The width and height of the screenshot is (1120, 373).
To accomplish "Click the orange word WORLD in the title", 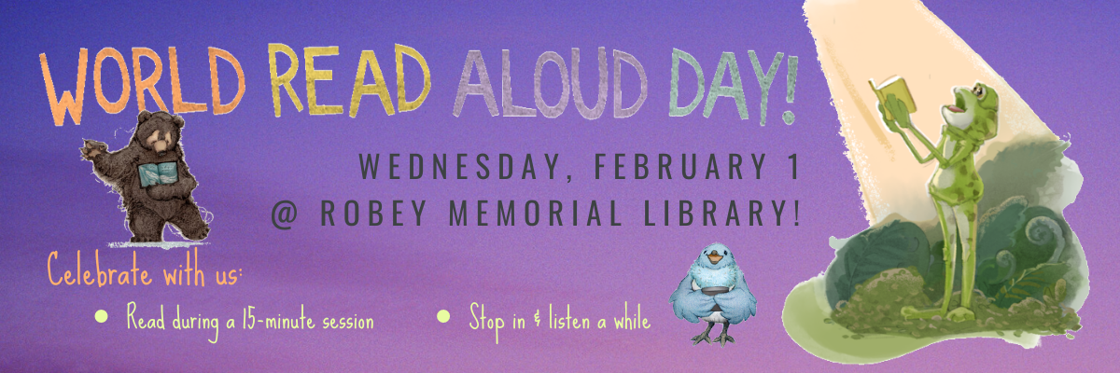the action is [144, 84].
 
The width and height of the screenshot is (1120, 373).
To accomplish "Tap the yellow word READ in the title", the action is [349, 80].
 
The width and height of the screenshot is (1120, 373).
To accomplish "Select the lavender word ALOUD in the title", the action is [550, 83].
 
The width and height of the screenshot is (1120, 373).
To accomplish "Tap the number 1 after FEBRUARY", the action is [793, 166].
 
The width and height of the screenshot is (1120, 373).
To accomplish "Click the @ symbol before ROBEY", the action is [285, 214].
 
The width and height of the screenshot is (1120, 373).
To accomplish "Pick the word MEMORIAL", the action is [535, 213].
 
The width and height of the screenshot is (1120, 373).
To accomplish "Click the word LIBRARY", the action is [710, 213].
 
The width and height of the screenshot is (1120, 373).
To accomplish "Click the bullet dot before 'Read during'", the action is [101, 316].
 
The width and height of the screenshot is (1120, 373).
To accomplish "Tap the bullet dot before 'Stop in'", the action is [443, 316].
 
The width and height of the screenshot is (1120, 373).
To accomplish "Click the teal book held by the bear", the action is [158, 173].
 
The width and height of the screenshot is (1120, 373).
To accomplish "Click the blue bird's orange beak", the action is [716, 259].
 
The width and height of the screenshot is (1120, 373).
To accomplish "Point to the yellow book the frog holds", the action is [895, 96].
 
